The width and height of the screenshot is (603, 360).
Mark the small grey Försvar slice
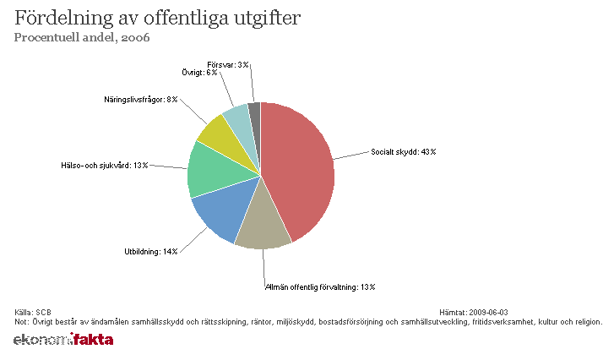pos(254,109)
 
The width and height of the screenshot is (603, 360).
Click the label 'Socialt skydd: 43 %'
pos(404,152)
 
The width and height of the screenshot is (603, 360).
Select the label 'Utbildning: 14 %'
pos(150,252)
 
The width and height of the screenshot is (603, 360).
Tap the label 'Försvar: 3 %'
pos(227,64)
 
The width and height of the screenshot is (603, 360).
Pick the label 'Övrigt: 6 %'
pos(199,73)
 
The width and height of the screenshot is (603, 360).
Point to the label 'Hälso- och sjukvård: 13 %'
pos(104,165)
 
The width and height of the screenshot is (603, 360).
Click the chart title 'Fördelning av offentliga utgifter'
pos(156,18)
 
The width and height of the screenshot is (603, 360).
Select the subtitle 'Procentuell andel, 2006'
pos(82,37)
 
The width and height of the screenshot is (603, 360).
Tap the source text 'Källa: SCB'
pos(34,313)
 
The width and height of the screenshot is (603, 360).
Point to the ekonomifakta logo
pos(63,340)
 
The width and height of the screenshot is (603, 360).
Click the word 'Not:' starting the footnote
pos(22,321)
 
